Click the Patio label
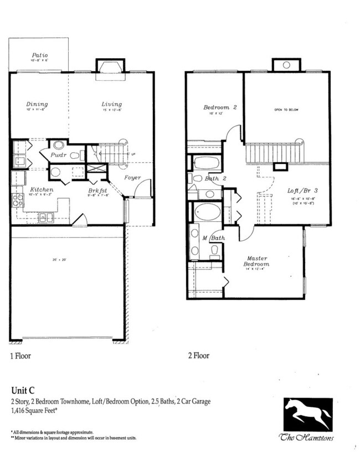[39, 55]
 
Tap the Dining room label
[37, 104]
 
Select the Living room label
[111, 104]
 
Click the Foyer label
[132, 178]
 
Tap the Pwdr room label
[59, 156]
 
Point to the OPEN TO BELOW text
[286, 110]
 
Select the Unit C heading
[23, 390]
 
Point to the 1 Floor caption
[20, 355]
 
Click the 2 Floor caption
[198, 355]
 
